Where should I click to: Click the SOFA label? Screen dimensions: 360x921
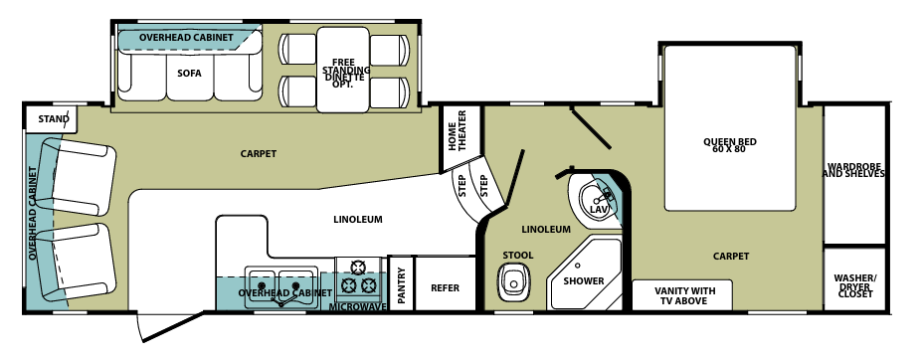pyautogui.click(x=189, y=72)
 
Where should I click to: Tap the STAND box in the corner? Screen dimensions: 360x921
pyautogui.click(x=54, y=119)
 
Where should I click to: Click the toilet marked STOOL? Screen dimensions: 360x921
pyautogui.click(x=513, y=283)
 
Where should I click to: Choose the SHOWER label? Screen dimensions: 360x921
pyautogui.click(x=584, y=280)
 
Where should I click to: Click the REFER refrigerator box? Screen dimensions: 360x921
pyautogui.click(x=445, y=287)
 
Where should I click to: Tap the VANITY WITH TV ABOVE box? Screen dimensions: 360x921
pyautogui.click(x=684, y=295)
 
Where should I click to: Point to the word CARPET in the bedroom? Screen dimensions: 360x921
pyautogui.click(x=730, y=256)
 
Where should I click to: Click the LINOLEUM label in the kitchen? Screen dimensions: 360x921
pyautogui.click(x=357, y=219)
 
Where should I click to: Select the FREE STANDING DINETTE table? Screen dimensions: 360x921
pyautogui.click(x=343, y=71)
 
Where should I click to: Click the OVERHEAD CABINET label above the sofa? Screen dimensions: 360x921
pyautogui.click(x=186, y=38)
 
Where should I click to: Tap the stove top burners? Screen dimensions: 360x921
pyautogui.click(x=359, y=275)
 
